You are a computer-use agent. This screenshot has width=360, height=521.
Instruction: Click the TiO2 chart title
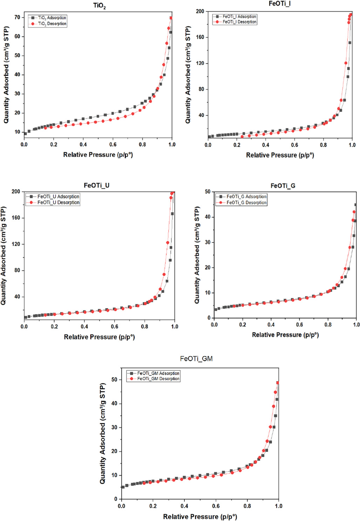tap(99, 6)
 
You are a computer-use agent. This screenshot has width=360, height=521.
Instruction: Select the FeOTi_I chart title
tap(279, 4)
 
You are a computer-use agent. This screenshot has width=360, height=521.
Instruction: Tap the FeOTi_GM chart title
tap(196, 359)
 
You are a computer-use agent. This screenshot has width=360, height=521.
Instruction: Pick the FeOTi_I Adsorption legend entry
tap(239, 16)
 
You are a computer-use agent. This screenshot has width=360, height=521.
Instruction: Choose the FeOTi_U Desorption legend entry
tap(58, 202)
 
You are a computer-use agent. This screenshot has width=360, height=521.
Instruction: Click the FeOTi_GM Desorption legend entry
tap(158, 379)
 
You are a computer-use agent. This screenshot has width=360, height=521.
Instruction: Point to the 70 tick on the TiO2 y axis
tap(17, 17)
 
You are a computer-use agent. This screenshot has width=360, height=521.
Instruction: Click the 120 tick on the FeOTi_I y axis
tap(200, 64)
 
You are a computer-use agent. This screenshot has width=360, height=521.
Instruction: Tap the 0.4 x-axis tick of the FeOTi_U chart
tap(84, 327)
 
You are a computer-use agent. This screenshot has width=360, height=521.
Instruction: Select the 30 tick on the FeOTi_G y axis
tap(208, 242)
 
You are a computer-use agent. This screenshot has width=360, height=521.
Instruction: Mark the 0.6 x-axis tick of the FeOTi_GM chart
tap(216, 506)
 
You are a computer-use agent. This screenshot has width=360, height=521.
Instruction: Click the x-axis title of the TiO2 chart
tap(98, 155)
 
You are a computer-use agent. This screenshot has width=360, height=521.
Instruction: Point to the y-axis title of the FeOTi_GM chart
tap(102, 433)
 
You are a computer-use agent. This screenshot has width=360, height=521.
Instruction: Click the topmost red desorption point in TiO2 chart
tap(171, 18)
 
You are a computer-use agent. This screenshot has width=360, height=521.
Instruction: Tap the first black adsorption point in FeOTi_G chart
tap(216, 309)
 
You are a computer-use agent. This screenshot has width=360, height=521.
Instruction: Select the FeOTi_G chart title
tap(283, 186)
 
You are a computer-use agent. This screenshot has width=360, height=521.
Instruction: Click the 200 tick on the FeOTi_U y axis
tap(16, 192)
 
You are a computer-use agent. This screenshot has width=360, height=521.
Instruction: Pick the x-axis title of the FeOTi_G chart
tap(285, 335)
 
